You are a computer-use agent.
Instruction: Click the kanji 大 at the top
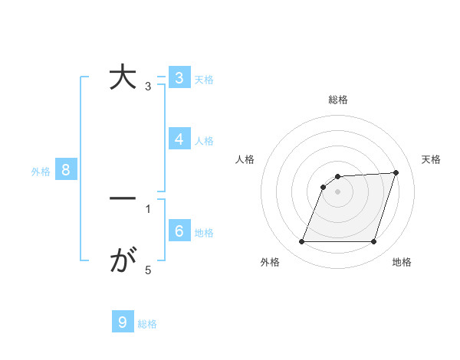(x=123, y=79)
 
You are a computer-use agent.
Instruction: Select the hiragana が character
(x=123, y=263)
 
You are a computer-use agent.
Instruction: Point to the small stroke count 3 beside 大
(x=148, y=87)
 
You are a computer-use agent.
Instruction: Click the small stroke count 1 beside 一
(x=148, y=208)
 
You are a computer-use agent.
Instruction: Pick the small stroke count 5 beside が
(x=148, y=270)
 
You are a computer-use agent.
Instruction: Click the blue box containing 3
(x=179, y=78)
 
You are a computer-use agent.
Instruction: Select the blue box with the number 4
(x=179, y=139)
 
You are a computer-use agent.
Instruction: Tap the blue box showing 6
(x=179, y=231)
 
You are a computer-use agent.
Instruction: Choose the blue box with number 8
(x=66, y=170)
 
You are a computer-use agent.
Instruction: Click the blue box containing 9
(x=123, y=322)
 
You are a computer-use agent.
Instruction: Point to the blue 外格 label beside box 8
(x=41, y=172)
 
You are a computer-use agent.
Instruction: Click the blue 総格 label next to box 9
(x=147, y=324)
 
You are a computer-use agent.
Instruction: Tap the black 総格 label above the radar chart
(x=338, y=100)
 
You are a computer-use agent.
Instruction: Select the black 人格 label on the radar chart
(x=245, y=159)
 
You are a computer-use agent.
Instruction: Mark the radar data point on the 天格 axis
(x=396, y=172)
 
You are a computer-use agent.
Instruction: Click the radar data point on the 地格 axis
(x=373, y=241)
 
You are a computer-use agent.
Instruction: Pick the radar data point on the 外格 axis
(x=302, y=241)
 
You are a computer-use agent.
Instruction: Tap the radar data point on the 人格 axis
(x=324, y=186)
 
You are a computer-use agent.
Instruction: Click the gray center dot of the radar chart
(x=338, y=191)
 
